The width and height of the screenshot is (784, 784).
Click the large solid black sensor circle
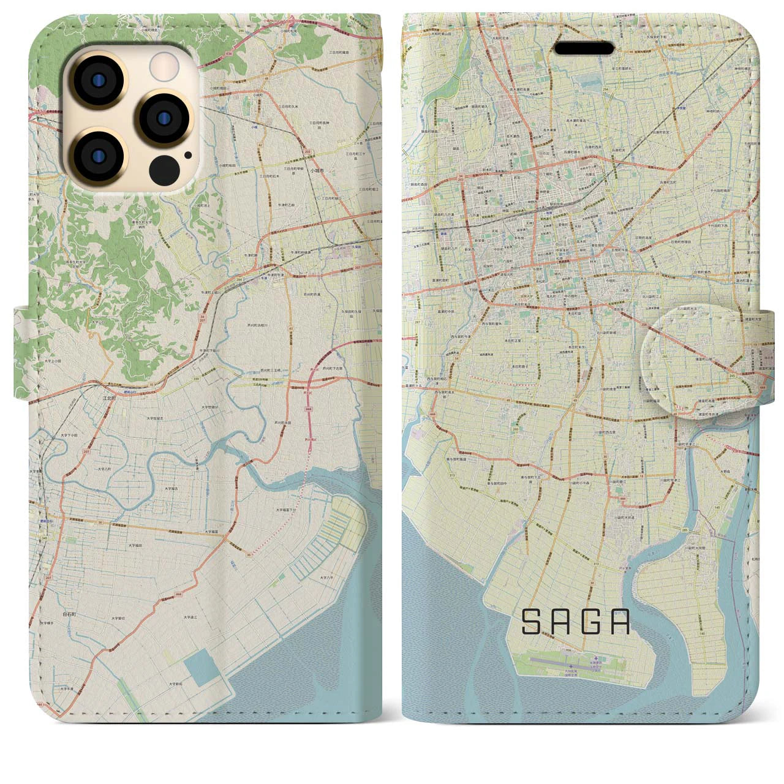point(164,169)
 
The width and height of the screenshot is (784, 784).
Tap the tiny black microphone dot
point(188,155)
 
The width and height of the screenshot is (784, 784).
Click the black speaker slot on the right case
point(585,48)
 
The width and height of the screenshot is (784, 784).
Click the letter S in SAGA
point(530,623)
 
